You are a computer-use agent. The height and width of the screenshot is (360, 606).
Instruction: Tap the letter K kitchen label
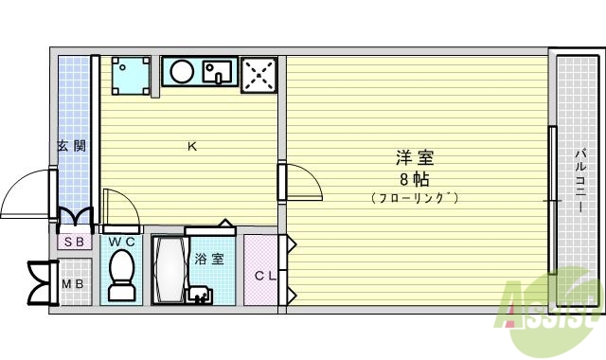point(191,146)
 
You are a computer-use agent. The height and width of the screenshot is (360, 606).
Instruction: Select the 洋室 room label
point(415,158)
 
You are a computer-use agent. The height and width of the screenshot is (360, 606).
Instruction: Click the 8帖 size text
point(415,178)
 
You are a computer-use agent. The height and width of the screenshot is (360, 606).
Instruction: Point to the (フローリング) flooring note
point(415,198)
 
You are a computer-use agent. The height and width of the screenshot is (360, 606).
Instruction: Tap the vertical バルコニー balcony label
point(579,180)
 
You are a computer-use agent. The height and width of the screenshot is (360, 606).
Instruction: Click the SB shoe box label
point(73,242)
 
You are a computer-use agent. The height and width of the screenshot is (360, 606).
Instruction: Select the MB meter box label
point(72,283)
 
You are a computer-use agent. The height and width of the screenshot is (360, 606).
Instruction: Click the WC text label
point(120,242)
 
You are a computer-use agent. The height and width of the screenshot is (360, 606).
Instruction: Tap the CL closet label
point(264,276)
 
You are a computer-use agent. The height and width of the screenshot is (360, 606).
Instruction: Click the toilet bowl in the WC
point(120,276)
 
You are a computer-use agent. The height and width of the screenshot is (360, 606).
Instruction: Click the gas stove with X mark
point(258,75)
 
